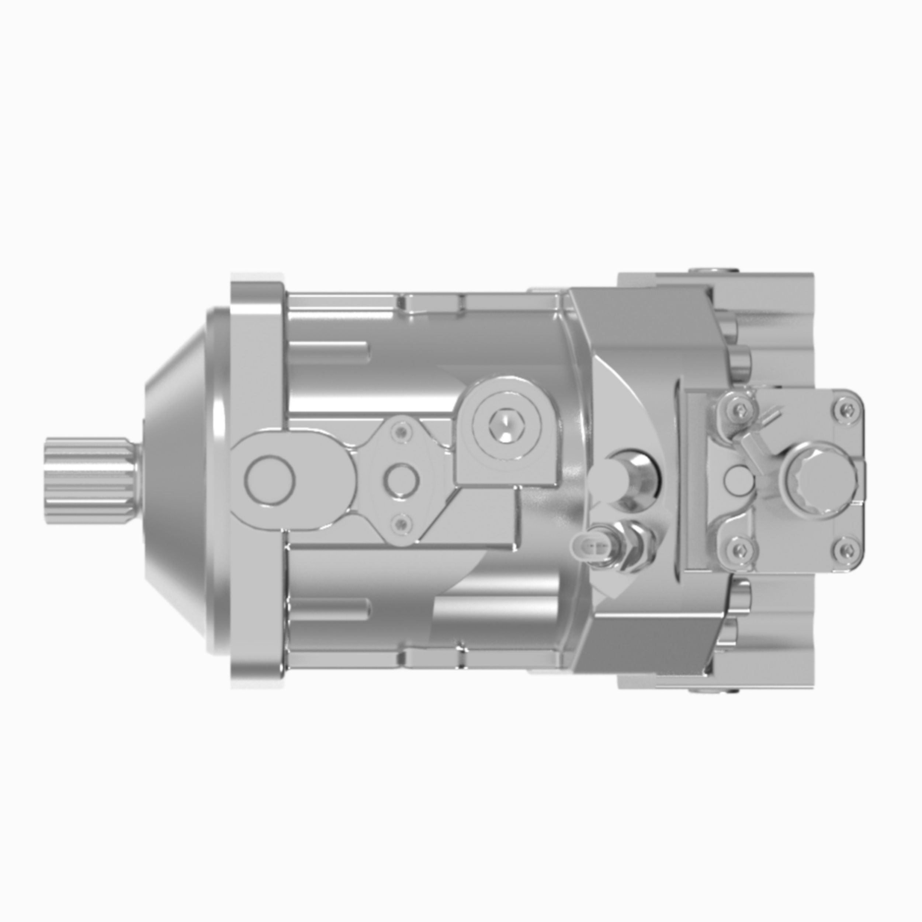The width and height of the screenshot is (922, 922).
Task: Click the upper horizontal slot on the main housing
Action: click(329, 352)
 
